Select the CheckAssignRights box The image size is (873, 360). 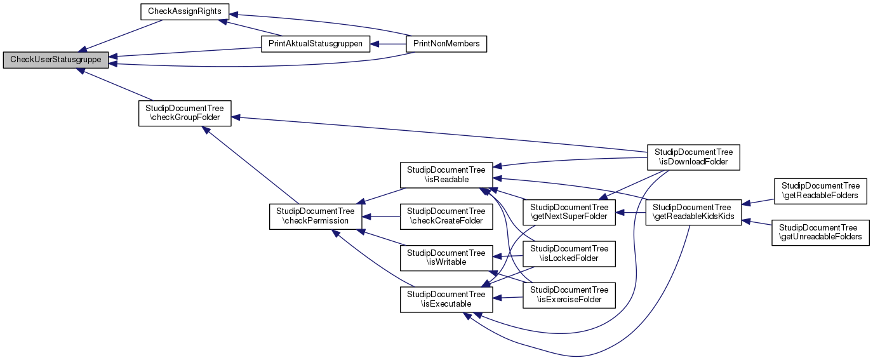(x=184, y=11)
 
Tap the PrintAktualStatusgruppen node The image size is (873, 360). (x=316, y=44)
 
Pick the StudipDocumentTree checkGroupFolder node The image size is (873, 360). (x=185, y=113)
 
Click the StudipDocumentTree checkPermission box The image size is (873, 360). (x=316, y=216)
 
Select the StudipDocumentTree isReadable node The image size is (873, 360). (x=446, y=175)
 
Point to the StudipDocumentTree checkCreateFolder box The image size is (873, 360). (x=446, y=216)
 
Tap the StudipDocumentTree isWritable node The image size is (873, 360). (x=446, y=257)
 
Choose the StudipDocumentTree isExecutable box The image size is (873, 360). (x=446, y=298)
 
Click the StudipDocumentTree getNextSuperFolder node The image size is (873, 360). (x=569, y=212)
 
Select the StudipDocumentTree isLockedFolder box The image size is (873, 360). (x=569, y=253)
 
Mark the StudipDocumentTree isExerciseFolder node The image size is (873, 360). (x=569, y=295)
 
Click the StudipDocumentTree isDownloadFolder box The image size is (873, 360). (x=693, y=157)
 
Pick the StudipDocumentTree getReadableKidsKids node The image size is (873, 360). (x=693, y=212)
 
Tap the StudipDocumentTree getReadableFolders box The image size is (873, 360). (x=820, y=190)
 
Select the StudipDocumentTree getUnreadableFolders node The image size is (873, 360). (x=820, y=232)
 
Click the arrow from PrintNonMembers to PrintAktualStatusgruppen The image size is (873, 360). (x=389, y=44)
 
